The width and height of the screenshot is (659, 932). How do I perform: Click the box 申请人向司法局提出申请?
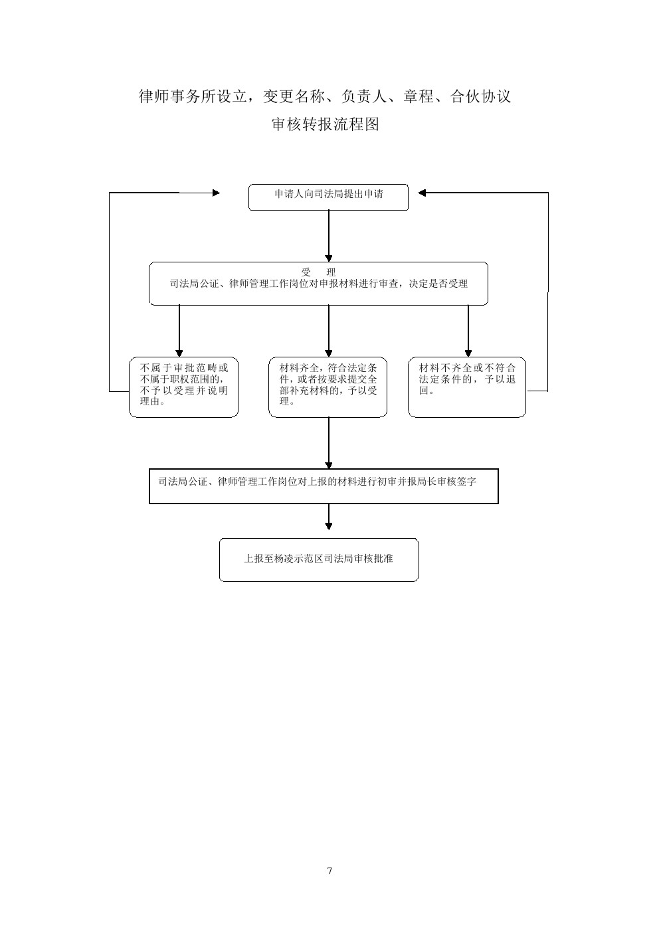pos(328,197)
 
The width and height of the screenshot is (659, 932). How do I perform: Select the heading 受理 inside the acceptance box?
pos(318,272)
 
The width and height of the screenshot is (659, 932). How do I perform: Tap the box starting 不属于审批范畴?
pos(183,387)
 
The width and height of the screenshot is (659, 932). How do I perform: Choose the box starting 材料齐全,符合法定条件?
pos(328,387)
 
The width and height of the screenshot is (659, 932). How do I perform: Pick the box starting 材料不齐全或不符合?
pos(467,387)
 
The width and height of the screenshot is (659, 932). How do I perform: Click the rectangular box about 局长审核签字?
pos(324,486)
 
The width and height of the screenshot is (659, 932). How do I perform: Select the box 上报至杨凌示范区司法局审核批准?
pos(319,559)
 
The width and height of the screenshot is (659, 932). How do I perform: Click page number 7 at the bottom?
pos(329,870)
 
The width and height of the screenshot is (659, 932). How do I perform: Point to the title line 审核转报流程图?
pos(326,124)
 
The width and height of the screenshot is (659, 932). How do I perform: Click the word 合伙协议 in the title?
pos(480,96)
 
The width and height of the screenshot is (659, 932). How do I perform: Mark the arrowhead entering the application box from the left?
pos(216,193)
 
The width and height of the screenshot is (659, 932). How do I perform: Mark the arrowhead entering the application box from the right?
pos(422,193)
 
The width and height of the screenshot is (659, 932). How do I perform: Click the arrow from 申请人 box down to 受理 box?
pos(329,236)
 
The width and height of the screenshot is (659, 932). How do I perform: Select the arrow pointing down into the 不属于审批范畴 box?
pos(179,331)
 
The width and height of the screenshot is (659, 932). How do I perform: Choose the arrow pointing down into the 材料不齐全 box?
pos(468,331)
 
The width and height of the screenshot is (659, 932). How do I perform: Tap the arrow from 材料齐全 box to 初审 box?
pos(329,443)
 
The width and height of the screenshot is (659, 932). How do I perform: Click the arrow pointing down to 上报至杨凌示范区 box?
pos(329,517)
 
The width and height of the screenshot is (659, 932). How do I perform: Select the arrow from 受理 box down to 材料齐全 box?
pos(329,331)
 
